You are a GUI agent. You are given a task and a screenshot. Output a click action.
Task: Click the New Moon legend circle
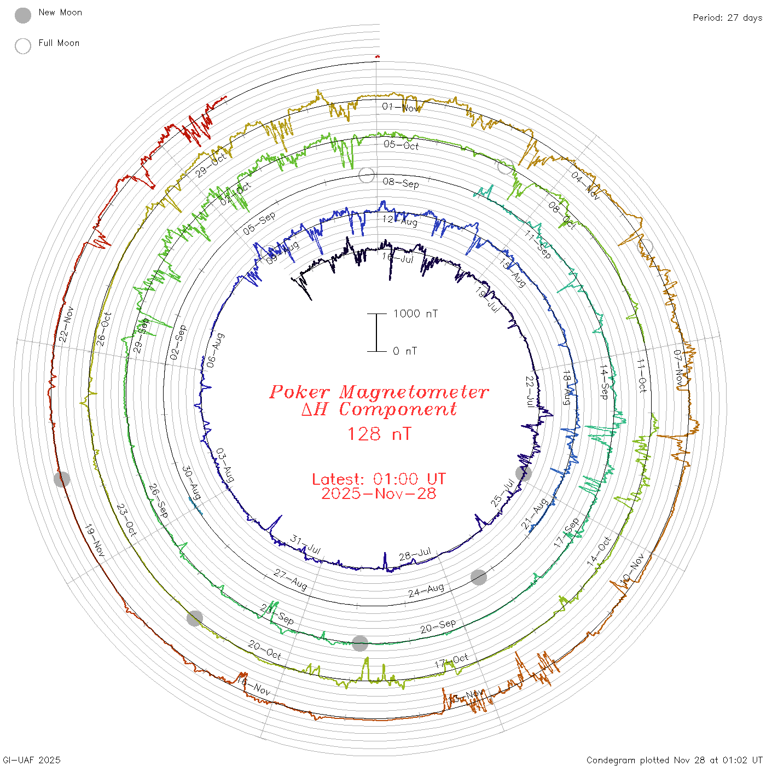[x=23, y=16]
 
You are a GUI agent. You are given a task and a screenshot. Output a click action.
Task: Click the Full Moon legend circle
[x=23, y=47]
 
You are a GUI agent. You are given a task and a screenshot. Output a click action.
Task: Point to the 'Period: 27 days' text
[x=727, y=18]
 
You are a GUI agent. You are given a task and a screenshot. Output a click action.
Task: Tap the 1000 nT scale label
[x=415, y=314]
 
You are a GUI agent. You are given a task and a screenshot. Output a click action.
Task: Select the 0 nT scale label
[x=404, y=351]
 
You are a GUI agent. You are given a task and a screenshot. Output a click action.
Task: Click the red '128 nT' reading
[x=379, y=434]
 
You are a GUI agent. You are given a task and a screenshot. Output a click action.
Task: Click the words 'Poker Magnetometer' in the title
[x=379, y=392]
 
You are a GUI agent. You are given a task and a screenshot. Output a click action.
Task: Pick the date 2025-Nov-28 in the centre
[x=379, y=494]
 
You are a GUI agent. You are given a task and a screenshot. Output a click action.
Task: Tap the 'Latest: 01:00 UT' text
[x=379, y=479]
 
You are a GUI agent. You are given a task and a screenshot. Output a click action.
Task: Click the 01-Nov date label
[x=401, y=107]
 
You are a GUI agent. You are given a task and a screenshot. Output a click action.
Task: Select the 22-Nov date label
[x=66, y=324]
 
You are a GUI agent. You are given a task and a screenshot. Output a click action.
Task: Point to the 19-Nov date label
[x=94, y=541]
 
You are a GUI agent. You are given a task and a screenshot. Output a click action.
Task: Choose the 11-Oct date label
[x=642, y=375]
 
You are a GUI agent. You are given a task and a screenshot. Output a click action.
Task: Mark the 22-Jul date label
[x=530, y=391]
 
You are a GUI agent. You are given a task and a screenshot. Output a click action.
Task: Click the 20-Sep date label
[x=438, y=626]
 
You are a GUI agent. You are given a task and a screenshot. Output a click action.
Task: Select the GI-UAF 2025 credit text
[x=32, y=760]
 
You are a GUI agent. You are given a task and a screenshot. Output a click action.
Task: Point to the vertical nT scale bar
[x=376, y=333]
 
